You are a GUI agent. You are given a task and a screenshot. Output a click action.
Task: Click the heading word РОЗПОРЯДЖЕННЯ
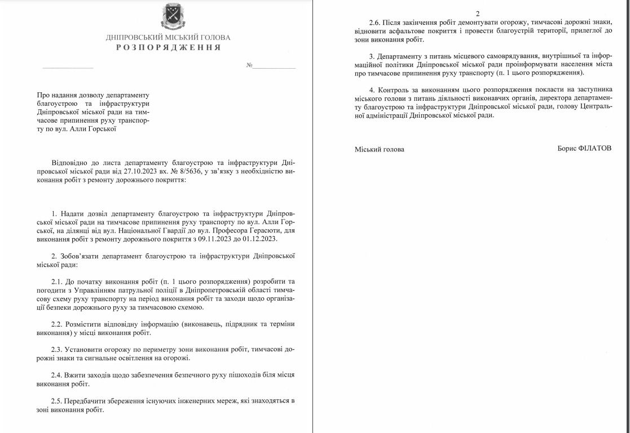[x=168, y=48]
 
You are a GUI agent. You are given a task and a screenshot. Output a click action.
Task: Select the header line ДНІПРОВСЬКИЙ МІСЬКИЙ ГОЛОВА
[x=168, y=38]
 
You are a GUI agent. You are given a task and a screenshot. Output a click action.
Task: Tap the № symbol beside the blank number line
[x=249, y=66]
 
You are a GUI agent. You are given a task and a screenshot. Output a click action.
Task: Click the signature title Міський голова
[x=380, y=149]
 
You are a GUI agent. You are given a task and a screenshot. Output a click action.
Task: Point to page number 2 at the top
[x=477, y=13]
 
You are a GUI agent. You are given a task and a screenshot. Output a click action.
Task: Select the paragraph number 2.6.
[x=375, y=22]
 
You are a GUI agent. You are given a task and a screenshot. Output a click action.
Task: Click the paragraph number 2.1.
[x=57, y=281]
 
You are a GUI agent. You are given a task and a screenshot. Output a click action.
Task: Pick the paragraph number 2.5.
[x=57, y=400]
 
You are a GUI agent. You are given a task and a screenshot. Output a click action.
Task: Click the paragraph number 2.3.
[x=57, y=350]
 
